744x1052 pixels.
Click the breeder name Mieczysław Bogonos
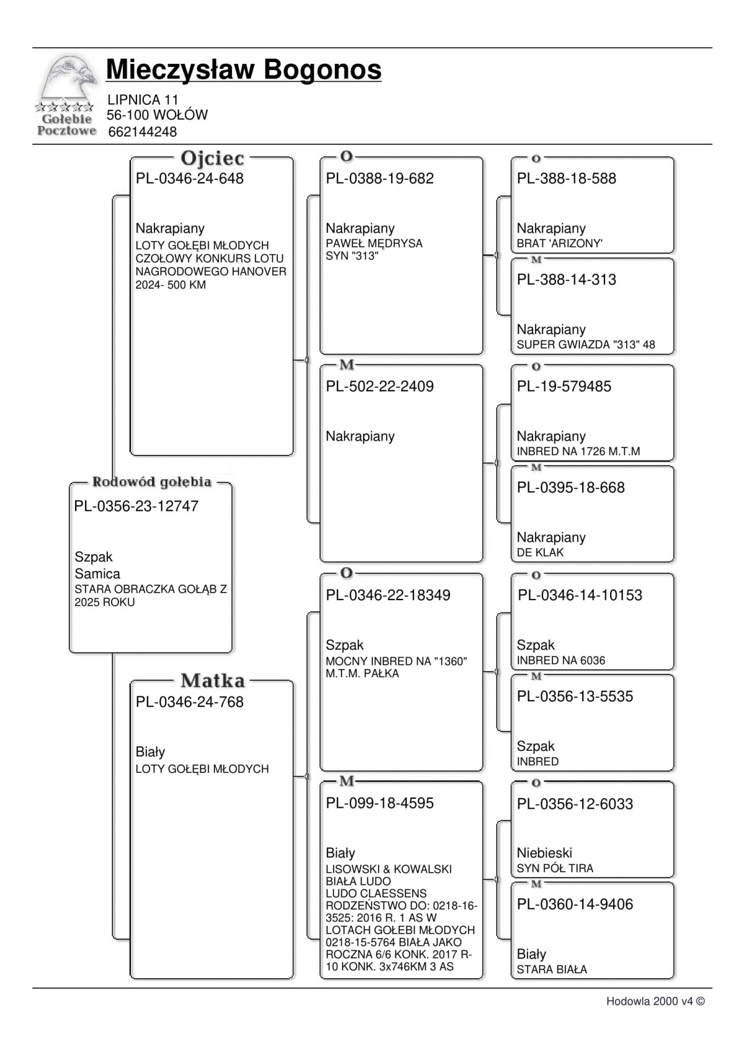click(x=244, y=69)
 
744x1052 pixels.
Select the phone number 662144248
click(x=142, y=132)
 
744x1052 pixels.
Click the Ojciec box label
click(x=212, y=159)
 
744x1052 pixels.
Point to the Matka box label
click(x=212, y=681)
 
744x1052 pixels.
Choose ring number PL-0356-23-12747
click(x=136, y=506)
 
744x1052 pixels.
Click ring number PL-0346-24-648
click(x=190, y=179)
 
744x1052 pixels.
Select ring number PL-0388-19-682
click(x=380, y=179)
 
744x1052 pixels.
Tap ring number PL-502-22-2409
click(x=380, y=387)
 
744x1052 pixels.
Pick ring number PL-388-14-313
click(x=567, y=280)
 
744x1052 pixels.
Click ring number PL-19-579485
click(x=564, y=387)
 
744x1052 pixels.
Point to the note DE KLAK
click(x=540, y=553)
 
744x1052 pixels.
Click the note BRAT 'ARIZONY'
click(x=560, y=244)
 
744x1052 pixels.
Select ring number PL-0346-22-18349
click(x=389, y=595)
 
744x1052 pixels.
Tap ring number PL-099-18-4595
click(x=380, y=803)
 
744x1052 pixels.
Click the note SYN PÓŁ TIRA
click(x=555, y=869)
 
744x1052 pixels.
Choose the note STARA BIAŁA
click(x=552, y=970)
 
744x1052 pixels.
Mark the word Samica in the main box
click(x=97, y=574)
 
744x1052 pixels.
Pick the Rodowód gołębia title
click(x=152, y=482)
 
